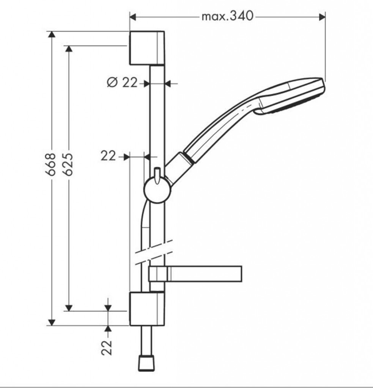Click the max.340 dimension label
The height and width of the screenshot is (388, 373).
point(228,16)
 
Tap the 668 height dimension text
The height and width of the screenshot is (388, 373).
point(51,164)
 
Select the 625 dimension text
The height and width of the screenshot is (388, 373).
point(68,164)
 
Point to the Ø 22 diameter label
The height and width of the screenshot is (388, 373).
point(122,82)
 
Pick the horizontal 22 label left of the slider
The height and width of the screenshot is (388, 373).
point(108,156)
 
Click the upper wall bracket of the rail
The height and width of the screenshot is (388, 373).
point(147,48)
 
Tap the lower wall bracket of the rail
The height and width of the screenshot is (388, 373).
point(147,308)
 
